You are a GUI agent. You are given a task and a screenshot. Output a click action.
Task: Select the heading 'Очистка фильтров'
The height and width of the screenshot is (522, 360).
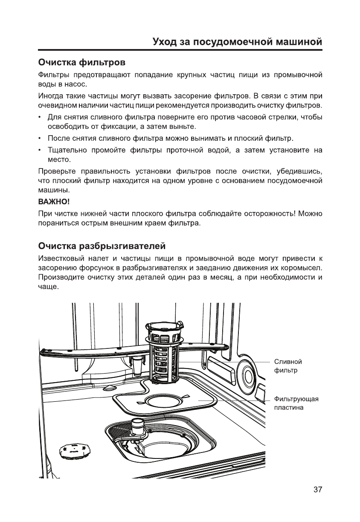click(82, 63)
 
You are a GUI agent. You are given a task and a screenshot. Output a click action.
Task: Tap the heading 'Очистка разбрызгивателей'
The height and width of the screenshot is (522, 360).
click(102, 246)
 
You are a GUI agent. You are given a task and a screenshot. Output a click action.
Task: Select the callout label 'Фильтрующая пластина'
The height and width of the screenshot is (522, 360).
click(296, 403)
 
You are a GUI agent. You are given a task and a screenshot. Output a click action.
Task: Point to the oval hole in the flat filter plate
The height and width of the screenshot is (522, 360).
click(164, 401)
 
